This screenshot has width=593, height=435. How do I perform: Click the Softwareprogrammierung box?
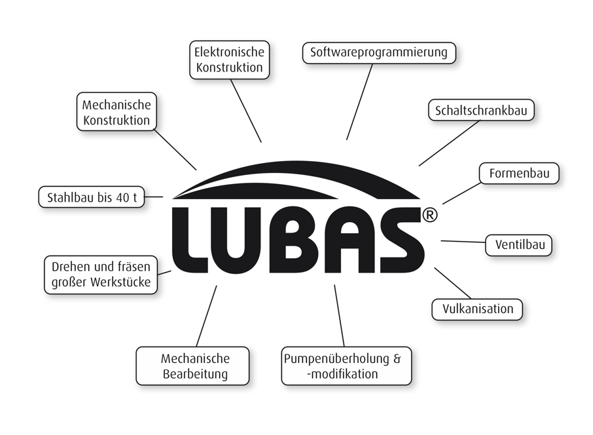point(379,52)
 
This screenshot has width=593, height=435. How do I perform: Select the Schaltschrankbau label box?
point(481,110)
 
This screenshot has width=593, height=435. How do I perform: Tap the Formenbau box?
point(519,174)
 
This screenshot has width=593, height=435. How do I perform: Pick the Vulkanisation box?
point(478,309)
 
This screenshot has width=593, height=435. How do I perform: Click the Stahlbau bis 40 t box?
point(92,197)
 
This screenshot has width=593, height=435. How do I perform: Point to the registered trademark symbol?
point(429,215)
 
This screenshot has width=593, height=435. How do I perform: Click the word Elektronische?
point(229,52)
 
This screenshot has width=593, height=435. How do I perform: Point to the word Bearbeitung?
point(195,374)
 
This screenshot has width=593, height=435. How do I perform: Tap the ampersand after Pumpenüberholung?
point(397,359)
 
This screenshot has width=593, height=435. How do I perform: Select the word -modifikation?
point(342,374)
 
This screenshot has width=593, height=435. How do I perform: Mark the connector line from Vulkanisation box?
point(452,283)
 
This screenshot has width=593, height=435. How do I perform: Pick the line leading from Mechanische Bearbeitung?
point(206,316)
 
